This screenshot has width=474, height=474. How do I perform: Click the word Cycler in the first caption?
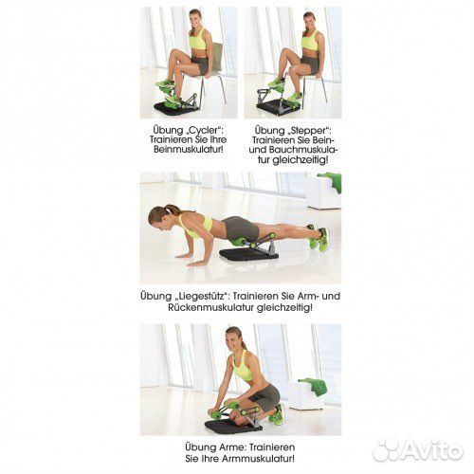click(x=202, y=130)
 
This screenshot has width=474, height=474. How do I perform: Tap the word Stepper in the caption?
click(x=305, y=130)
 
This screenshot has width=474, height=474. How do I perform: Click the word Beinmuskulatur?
click(x=191, y=149)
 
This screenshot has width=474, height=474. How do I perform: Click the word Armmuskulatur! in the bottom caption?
click(x=259, y=459)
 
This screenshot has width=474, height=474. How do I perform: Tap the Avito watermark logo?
click(x=418, y=448)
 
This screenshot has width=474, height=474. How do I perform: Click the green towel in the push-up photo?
click(x=331, y=181)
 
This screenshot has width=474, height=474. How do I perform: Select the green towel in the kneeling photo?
click(x=314, y=386)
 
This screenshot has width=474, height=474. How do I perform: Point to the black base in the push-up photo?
click(x=249, y=254)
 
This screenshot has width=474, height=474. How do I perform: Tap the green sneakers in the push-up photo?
click(x=319, y=238)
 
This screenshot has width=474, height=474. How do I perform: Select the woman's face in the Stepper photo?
click(x=310, y=22)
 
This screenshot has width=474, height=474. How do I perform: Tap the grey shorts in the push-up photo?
click(x=240, y=228)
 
